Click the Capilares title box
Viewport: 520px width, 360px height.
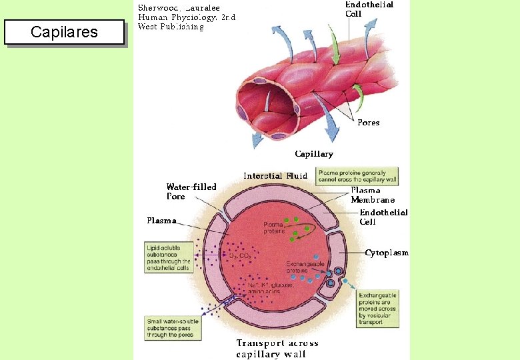pos(65,32)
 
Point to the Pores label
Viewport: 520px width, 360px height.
pos(368,123)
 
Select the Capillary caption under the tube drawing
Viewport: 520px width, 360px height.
pos(314,154)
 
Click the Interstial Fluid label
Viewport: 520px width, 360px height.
pos(275,176)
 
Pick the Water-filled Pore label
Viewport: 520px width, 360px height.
pos(191,191)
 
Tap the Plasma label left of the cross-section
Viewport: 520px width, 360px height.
pos(162,220)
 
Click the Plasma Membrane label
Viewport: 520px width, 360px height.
pos(373,195)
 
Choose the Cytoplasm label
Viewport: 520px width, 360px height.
pos(387,253)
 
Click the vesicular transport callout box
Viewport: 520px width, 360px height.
pos(378,309)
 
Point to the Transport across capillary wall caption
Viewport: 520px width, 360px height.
pos(277,348)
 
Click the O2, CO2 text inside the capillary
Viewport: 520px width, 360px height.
pos(241,255)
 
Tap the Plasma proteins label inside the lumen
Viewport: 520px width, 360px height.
pos(274,228)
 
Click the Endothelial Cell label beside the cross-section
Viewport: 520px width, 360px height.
pos(383,217)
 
